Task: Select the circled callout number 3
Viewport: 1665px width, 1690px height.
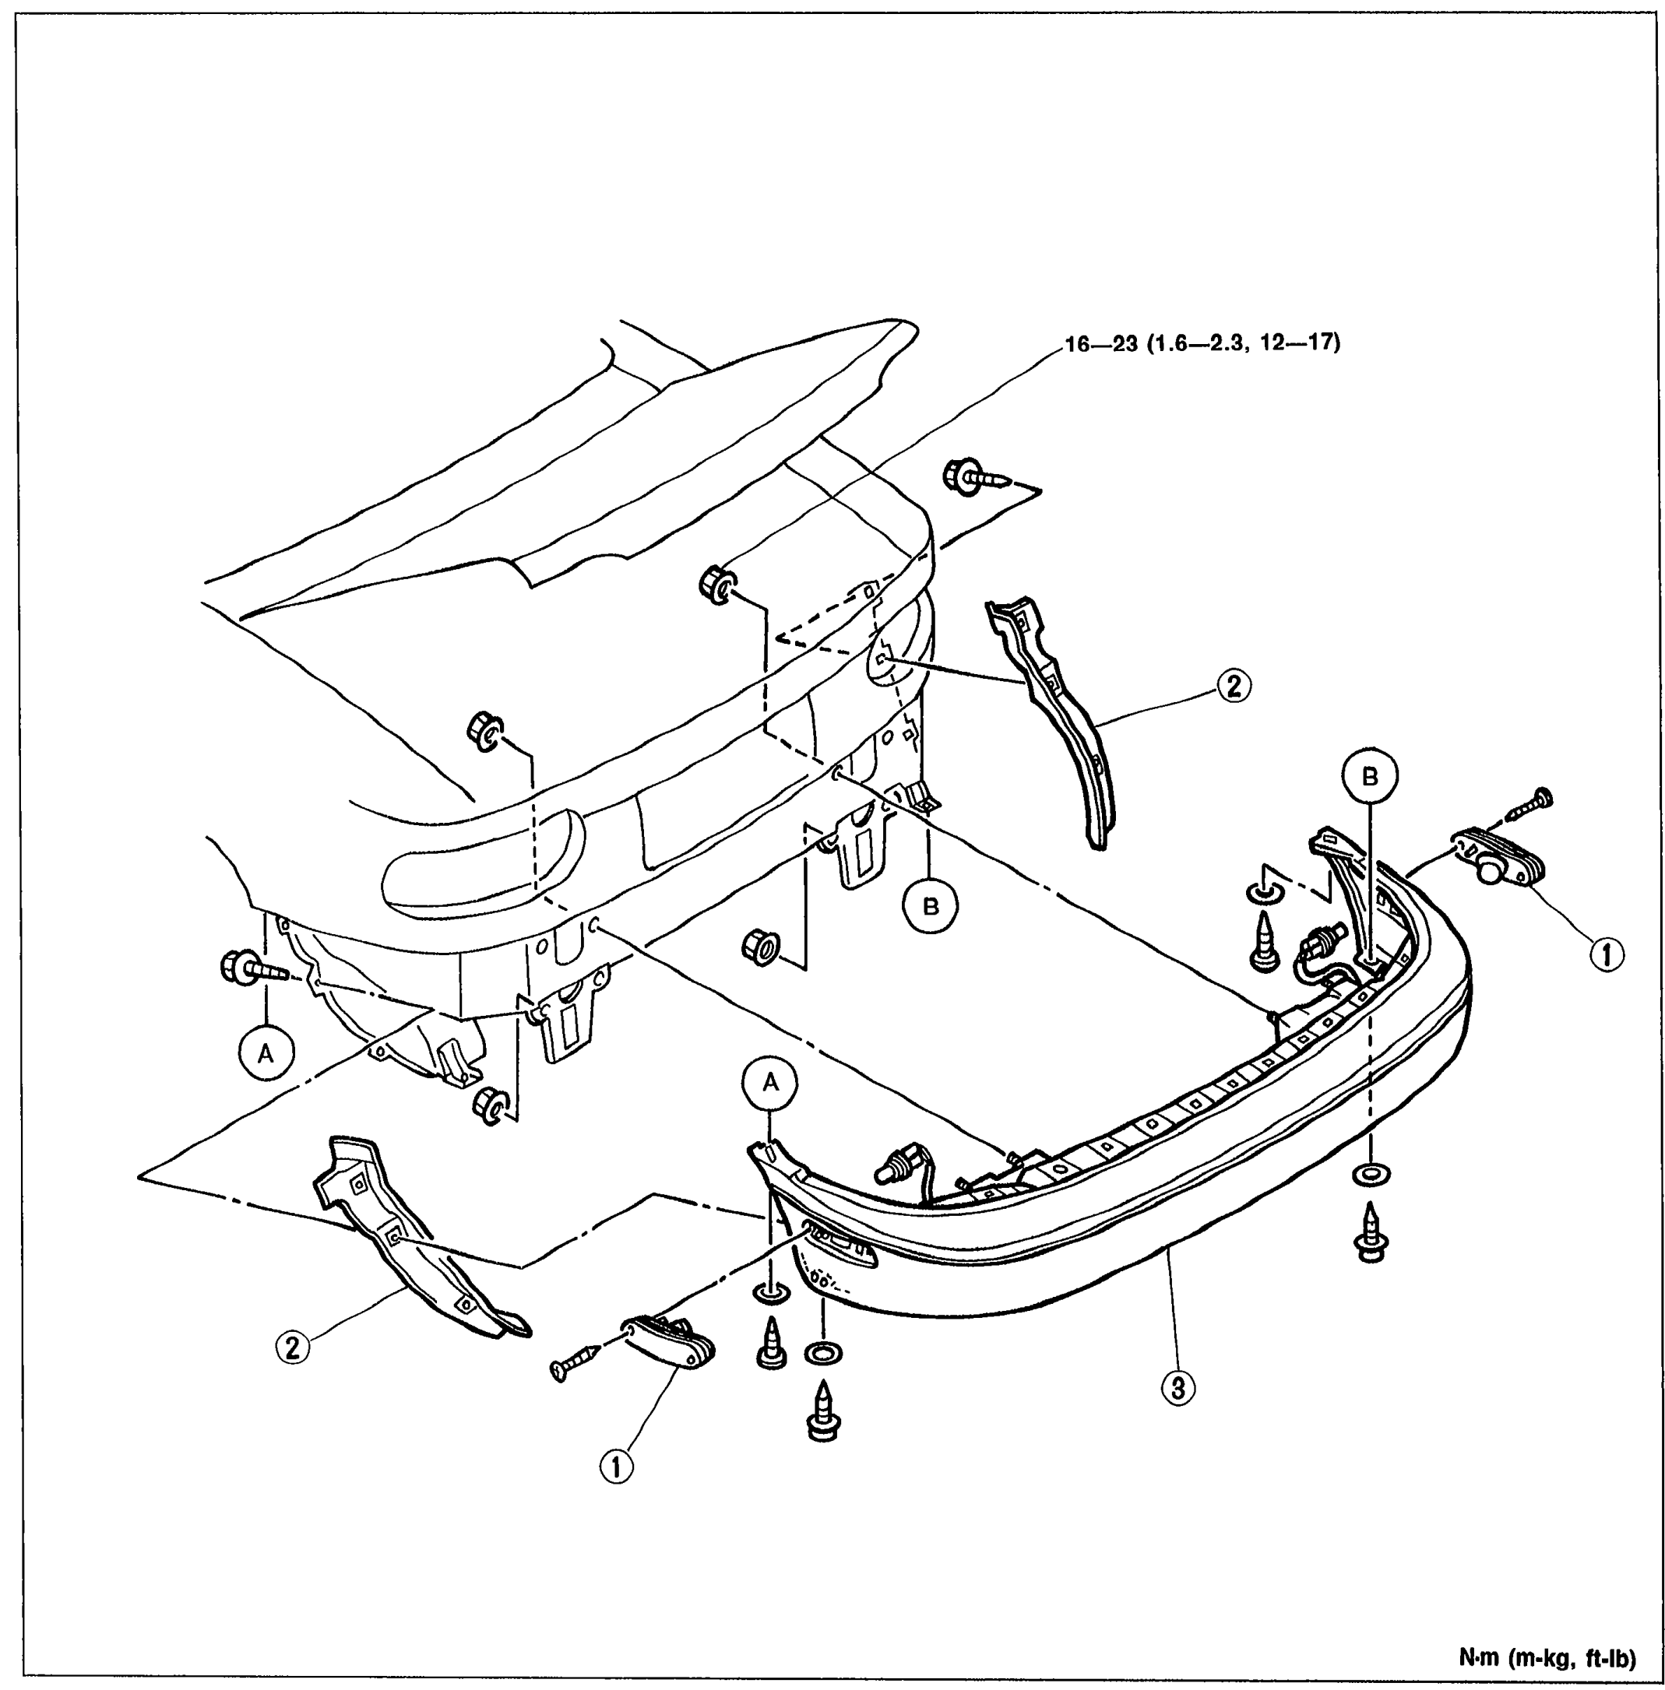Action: [x=1178, y=1386]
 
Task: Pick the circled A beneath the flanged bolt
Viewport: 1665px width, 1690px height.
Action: [x=265, y=1053]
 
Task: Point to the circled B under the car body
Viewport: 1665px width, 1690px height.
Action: [x=931, y=907]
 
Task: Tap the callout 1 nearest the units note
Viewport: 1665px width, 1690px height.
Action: [x=1607, y=954]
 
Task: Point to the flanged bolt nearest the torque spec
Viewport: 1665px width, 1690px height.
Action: [x=977, y=476]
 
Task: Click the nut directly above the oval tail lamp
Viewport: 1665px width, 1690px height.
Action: [x=484, y=731]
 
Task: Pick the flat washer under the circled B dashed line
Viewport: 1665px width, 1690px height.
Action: [x=1371, y=1174]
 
